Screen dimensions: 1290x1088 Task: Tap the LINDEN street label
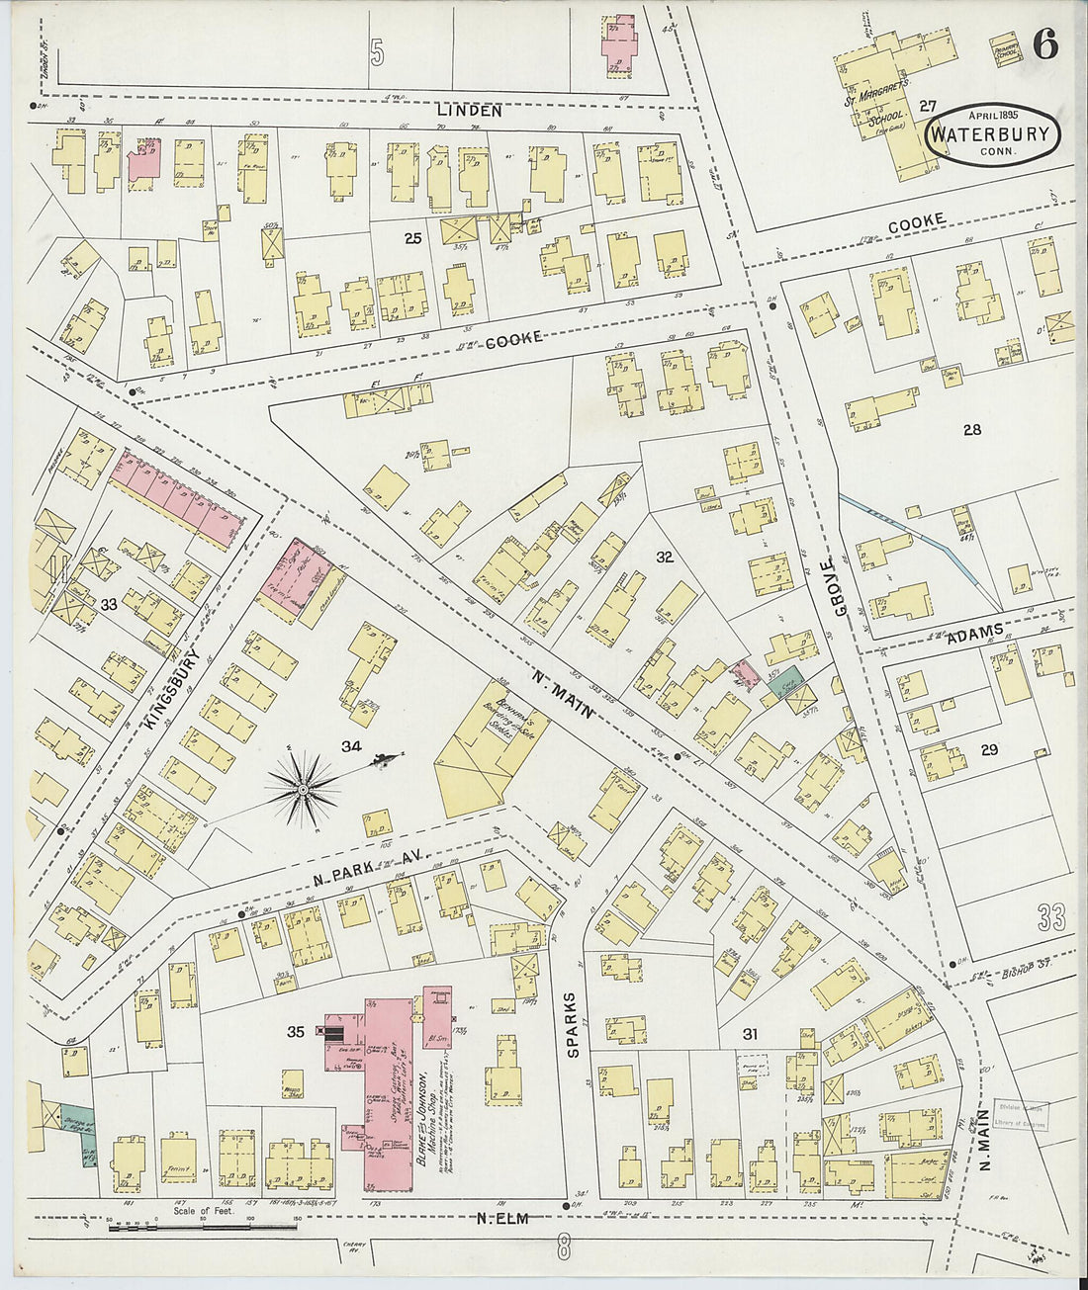pos(470,111)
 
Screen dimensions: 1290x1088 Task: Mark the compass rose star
pos(304,788)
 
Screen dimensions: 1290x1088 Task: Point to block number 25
pos(412,238)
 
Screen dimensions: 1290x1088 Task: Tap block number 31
pos(751,1034)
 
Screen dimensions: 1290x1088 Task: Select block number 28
pos(971,429)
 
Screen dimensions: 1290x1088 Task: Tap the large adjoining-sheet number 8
pos(564,1244)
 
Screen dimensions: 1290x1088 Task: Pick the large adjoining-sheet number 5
pos(377,51)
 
